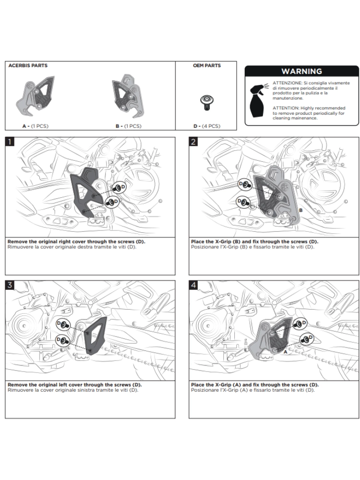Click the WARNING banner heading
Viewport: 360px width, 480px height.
[x=301, y=71]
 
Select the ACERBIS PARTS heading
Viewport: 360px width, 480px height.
[x=28, y=65]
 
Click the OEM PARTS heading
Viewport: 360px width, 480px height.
[x=206, y=65]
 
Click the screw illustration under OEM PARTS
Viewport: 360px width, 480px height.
[x=206, y=101]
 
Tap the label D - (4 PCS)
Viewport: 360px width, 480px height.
[x=206, y=126]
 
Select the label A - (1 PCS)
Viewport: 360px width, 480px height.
[x=35, y=126]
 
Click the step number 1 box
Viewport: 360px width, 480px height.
[x=11, y=142]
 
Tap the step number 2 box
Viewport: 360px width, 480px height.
[x=194, y=142]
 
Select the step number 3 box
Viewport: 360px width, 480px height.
[x=11, y=285]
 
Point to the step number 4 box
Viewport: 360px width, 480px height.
[x=194, y=285]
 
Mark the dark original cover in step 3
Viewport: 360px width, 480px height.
[x=95, y=334]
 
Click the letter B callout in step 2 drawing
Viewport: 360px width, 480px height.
[x=300, y=210]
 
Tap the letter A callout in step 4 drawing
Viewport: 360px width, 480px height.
[x=285, y=351]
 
